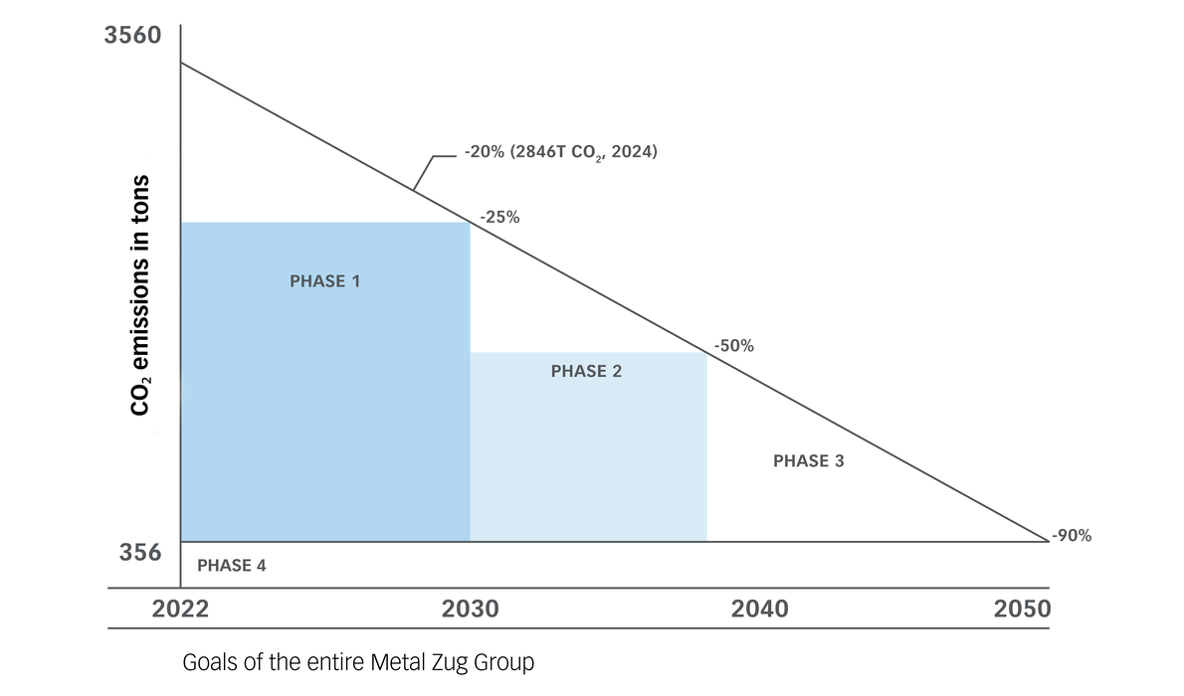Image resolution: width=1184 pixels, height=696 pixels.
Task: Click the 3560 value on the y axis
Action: pyautogui.click(x=132, y=38)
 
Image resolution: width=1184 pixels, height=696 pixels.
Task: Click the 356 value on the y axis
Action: pyautogui.click(x=132, y=553)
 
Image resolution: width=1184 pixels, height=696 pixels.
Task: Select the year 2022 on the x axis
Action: pyautogui.click(x=180, y=609)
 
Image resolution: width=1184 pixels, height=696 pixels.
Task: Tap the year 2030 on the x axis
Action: pyautogui.click(x=470, y=609)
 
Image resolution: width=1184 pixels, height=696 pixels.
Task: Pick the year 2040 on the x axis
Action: pyautogui.click(x=759, y=609)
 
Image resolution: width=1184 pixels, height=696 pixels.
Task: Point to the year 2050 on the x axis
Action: pyautogui.click(x=1022, y=609)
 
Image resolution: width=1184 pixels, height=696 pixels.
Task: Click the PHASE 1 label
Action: pyautogui.click(x=324, y=281)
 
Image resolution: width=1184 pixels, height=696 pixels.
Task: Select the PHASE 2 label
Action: pyautogui.click(x=586, y=371)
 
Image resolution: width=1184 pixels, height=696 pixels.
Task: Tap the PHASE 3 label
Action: pyautogui.click(x=808, y=461)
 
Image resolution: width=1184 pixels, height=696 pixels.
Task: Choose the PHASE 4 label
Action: pyautogui.click(x=232, y=566)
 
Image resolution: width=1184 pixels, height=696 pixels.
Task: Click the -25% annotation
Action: pyautogui.click(x=499, y=217)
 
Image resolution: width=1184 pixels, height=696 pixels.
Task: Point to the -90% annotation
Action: pyautogui.click(x=1072, y=535)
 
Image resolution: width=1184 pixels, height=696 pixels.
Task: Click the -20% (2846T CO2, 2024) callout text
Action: pyautogui.click(x=560, y=154)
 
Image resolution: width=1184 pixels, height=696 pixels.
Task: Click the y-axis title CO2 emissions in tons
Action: pyautogui.click(x=141, y=296)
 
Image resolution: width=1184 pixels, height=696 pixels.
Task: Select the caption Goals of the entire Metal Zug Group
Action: pyautogui.click(x=358, y=662)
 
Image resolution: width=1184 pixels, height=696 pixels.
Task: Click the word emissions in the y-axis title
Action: pyautogui.click(x=141, y=283)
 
